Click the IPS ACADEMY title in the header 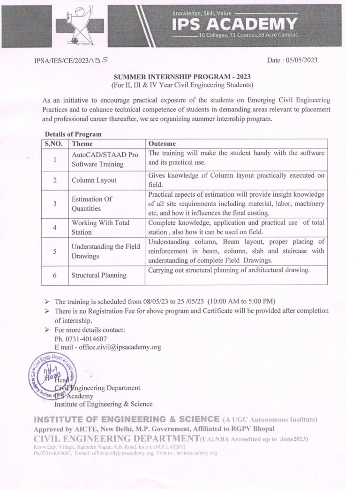tap(234, 23)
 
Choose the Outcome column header tap(162, 144)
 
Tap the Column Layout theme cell tap(94, 180)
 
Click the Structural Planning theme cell tap(99, 275)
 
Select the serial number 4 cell tap(55, 227)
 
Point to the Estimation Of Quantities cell tap(92, 203)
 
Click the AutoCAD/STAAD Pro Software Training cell tap(105, 160)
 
